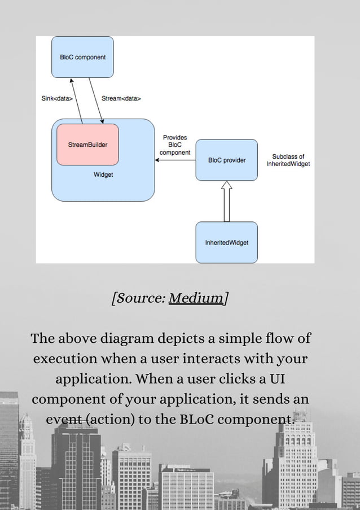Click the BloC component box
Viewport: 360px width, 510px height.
[82, 57]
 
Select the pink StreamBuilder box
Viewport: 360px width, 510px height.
[87, 145]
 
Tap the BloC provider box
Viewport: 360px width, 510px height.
[226, 160]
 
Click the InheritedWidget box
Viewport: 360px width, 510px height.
[226, 242]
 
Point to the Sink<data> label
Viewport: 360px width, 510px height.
[56, 98]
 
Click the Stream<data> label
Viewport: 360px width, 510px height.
[121, 98]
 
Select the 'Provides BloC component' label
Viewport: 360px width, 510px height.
[174, 145]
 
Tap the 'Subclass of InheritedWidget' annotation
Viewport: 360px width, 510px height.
[288, 160]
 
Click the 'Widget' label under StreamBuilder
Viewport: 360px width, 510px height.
[103, 175]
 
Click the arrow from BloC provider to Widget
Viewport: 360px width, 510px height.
[175, 160]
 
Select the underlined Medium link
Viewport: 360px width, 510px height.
[196, 298]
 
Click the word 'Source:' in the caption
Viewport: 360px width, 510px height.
[139, 298]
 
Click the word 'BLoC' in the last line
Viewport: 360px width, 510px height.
[197, 420]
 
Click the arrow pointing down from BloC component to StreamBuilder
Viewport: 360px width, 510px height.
[96, 101]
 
